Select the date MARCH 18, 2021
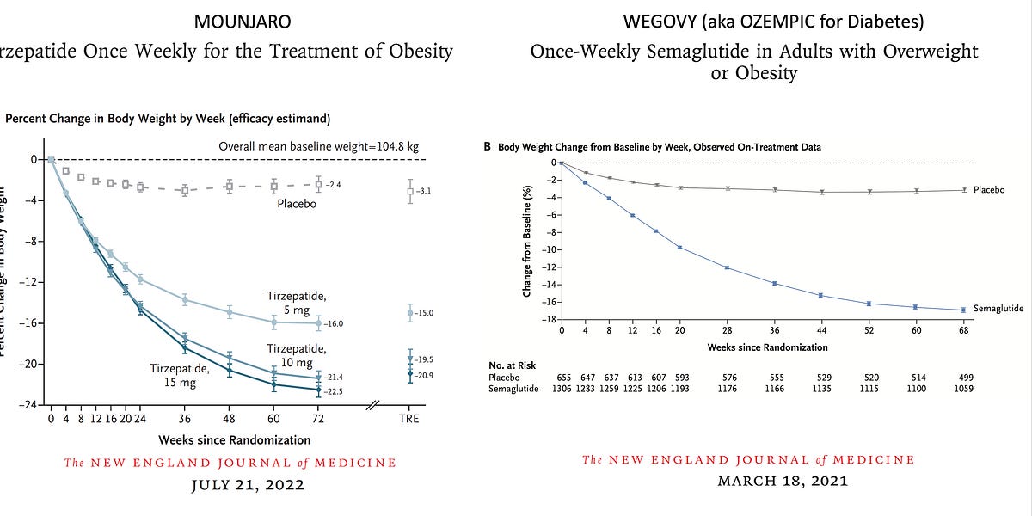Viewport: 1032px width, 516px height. pyautogui.click(x=783, y=481)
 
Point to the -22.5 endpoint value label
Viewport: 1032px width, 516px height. pyautogui.click(x=334, y=391)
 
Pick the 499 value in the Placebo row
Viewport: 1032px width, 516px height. pyautogui.click(x=963, y=378)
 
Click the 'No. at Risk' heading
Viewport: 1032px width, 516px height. pyautogui.click(x=513, y=365)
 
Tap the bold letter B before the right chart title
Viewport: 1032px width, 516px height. pyautogui.click(x=488, y=147)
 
